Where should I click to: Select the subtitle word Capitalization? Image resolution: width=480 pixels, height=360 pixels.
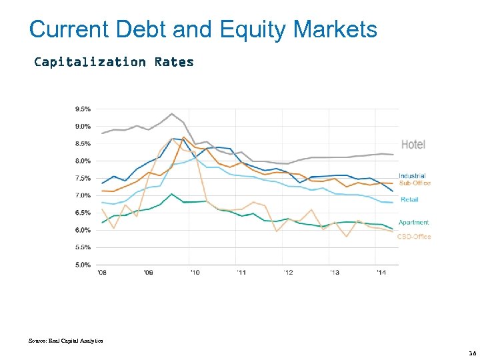click(90, 62)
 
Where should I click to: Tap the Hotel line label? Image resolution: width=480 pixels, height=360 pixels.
click(413, 145)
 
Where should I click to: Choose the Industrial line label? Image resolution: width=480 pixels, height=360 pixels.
click(413, 176)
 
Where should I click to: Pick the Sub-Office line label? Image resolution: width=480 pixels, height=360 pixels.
click(415, 183)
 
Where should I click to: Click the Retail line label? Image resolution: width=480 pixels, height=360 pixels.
click(409, 200)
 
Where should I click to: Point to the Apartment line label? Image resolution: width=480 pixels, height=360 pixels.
click(413, 223)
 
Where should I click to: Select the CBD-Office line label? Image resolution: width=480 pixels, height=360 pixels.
click(414, 237)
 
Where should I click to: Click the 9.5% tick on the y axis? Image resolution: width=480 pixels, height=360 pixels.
click(83, 109)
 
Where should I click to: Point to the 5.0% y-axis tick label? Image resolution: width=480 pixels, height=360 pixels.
click(83, 265)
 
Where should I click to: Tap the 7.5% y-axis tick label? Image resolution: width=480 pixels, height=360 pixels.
click(83, 178)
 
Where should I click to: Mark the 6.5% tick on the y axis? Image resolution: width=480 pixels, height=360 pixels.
click(83, 213)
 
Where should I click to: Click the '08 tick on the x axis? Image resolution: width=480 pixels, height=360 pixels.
click(101, 273)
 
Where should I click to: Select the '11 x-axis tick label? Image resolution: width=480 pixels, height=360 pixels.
click(241, 273)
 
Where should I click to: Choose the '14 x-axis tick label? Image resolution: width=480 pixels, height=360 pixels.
click(381, 273)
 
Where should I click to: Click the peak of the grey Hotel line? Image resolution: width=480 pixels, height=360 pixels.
click(172, 114)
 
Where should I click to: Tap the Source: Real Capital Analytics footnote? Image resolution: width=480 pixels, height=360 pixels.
click(66, 341)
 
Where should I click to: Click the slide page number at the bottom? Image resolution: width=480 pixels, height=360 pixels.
click(473, 353)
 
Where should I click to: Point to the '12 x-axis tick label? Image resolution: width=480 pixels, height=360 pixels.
click(288, 273)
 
